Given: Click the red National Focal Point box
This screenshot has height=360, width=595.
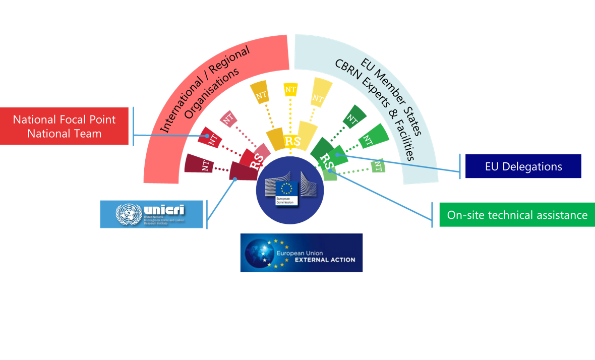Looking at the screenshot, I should pos(64,126).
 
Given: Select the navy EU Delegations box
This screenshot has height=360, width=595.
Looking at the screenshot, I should pos(523,166).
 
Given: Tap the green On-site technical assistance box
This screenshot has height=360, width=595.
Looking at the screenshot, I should pos(517,215).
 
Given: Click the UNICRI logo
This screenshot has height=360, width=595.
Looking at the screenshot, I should pos(151,214).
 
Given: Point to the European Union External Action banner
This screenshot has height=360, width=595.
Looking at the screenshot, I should pos(301,253).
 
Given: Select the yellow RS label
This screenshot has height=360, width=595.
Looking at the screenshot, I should pos(292,141).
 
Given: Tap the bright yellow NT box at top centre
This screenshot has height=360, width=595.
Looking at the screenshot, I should pos(290,90).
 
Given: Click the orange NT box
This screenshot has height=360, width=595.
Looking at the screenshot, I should pos(261,94).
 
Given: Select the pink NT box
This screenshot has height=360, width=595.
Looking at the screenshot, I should pos(228,119).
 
